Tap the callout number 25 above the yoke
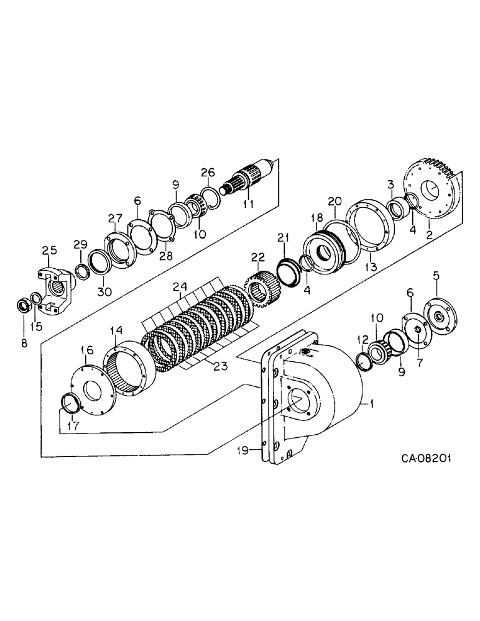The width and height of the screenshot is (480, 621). [x=50, y=250]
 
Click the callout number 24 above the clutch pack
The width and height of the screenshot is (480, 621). [x=180, y=287]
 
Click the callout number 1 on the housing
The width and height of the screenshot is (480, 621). [x=372, y=404]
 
